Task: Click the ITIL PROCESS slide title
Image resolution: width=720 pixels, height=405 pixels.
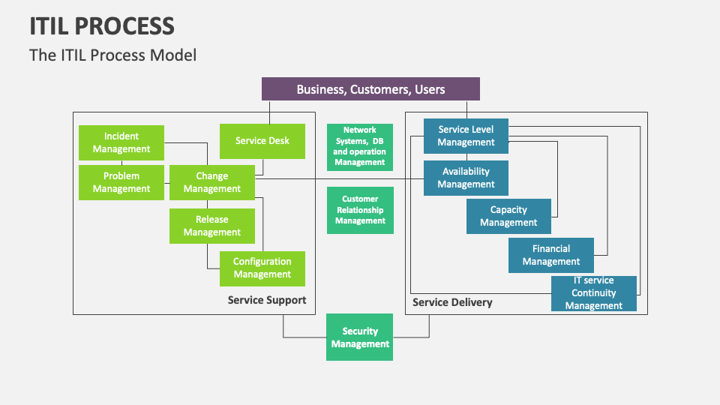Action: [x=102, y=26]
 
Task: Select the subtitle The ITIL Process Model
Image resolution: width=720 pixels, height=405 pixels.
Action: [x=112, y=55]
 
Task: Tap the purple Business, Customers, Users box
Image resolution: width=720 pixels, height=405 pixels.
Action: [x=370, y=89]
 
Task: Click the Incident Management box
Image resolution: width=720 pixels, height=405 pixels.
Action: [x=121, y=142]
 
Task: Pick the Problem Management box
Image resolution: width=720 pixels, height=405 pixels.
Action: [x=121, y=182]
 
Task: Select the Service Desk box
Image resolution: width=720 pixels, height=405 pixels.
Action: [x=262, y=141]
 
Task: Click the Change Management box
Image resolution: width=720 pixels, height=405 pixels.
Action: [x=211, y=182]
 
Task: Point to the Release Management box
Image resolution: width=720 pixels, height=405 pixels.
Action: [x=211, y=226]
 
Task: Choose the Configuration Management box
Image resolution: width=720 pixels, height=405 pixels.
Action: [x=262, y=268]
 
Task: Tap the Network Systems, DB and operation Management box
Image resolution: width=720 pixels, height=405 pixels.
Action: [x=360, y=146]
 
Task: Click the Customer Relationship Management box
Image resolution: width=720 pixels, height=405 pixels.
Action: [x=360, y=210]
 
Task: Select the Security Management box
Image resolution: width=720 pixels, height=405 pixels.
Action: [x=360, y=337]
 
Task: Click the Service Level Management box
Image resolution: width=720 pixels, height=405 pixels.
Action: [x=466, y=136]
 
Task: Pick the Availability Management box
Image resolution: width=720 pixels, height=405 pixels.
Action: [x=466, y=178]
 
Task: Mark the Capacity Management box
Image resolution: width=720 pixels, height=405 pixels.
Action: [x=508, y=216]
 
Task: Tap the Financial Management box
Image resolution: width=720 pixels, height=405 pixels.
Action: [x=551, y=255]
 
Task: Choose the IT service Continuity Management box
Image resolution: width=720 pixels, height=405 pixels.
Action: [x=594, y=293]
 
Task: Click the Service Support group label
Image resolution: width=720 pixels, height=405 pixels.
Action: [x=267, y=301]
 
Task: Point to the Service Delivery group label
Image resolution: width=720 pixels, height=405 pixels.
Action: [x=452, y=302]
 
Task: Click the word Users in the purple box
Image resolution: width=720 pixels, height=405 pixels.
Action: [x=430, y=89]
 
